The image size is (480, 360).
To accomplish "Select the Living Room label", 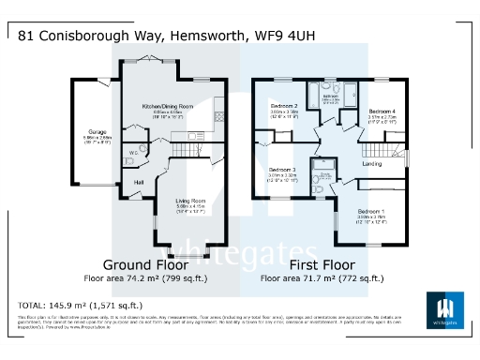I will tap(192, 199).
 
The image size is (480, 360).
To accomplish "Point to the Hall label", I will tap(139, 181).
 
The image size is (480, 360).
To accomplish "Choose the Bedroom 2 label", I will tap(284, 106).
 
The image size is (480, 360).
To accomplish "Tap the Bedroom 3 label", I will tap(282, 170).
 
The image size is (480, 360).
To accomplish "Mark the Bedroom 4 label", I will tap(382, 111).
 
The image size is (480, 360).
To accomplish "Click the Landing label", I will tap(373, 166).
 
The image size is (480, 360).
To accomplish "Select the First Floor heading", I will tap(321, 263).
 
